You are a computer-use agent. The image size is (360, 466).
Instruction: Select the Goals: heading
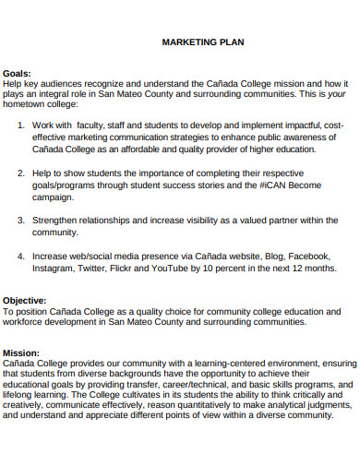click(18, 72)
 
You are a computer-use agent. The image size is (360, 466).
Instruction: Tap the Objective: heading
click(25, 301)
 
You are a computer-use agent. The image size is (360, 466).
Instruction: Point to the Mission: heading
click(21, 353)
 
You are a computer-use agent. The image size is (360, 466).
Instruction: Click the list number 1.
click(20, 125)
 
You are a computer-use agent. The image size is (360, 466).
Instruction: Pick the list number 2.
click(20, 173)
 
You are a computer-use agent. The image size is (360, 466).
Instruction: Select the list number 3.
click(20, 221)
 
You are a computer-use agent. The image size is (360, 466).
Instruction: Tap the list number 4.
click(20, 256)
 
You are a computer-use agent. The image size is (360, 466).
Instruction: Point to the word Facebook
click(309, 256)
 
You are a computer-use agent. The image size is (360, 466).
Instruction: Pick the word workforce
click(27, 322)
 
